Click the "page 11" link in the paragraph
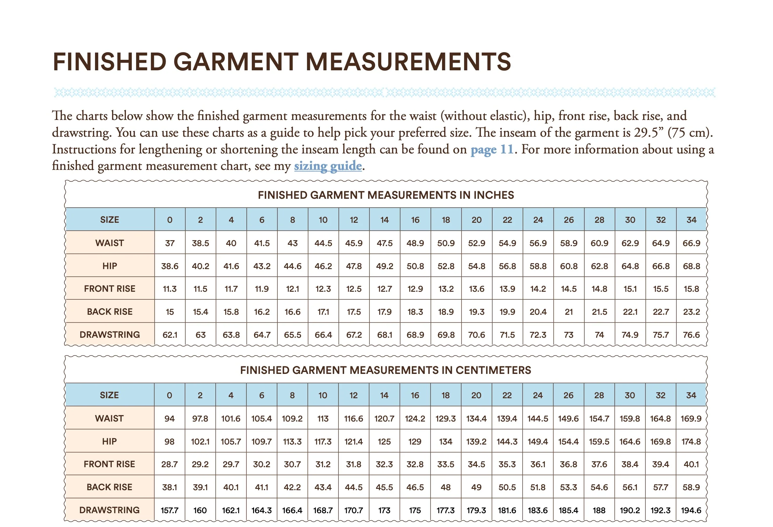(492, 149)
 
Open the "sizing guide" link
(328, 166)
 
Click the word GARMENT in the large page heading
(236, 62)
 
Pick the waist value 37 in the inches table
(170, 243)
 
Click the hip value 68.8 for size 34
(691, 266)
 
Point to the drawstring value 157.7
(169, 510)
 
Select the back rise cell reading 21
(569, 312)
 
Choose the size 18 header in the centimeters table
(445, 395)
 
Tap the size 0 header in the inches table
(170, 220)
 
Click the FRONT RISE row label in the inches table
(109, 288)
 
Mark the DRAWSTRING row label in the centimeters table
(109, 510)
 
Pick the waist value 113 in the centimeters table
(323, 418)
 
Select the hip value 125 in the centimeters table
(384, 442)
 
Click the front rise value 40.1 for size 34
(691, 464)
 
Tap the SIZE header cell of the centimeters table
(109, 395)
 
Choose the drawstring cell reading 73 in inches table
(569, 335)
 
